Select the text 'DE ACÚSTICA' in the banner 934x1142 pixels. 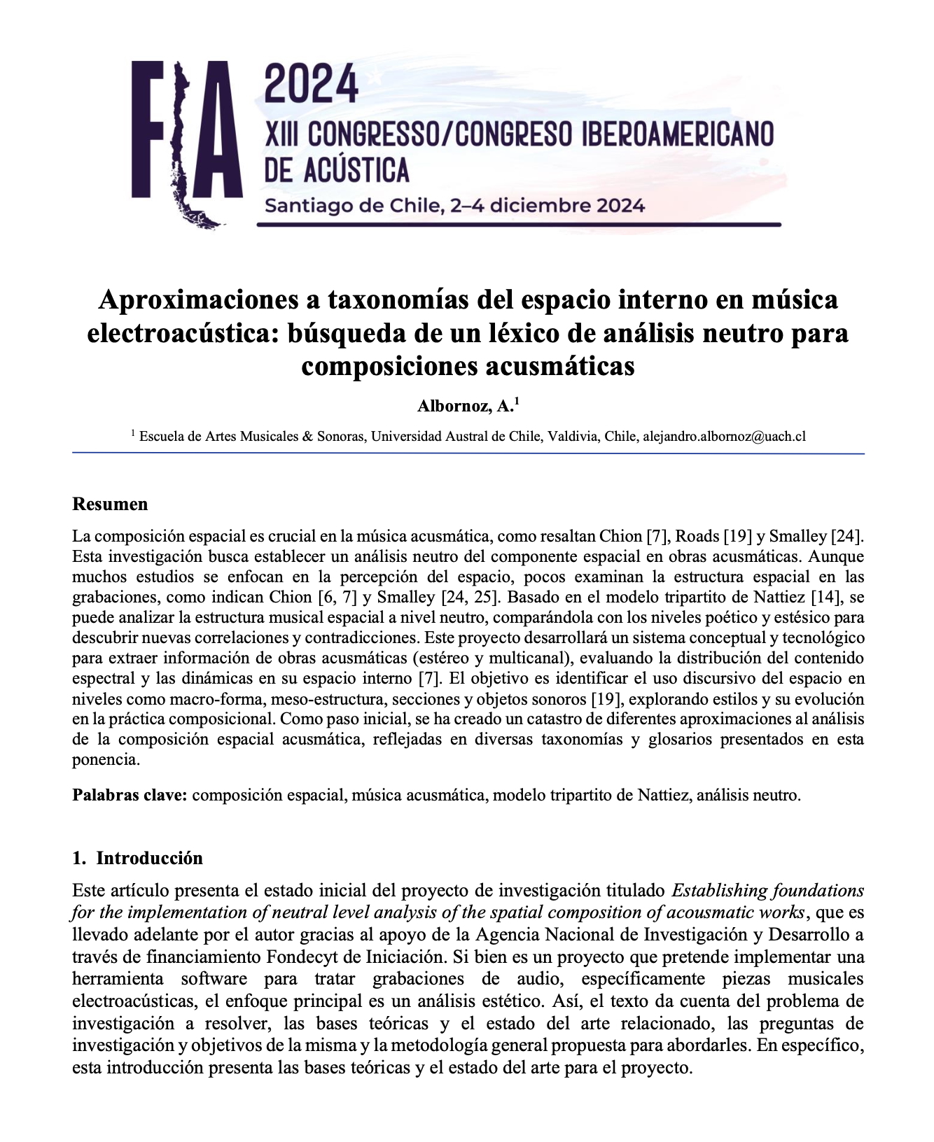[336, 169]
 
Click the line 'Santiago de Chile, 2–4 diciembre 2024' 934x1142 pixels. [454, 206]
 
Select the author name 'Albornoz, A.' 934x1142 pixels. [465, 406]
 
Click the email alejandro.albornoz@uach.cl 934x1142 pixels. [724, 437]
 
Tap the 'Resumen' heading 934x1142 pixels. [110, 505]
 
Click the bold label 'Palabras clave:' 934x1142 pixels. [130, 795]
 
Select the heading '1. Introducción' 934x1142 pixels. [137, 858]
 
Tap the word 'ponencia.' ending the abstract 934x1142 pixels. [106, 760]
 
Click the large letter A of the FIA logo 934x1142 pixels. [218, 129]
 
